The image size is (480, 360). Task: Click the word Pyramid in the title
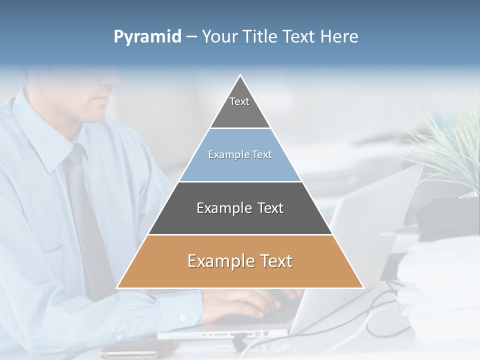coord(147,37)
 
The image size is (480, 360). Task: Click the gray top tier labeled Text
coord(239,107)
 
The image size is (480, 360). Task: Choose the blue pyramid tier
coord(240,160)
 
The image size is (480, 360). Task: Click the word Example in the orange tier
coord(218,261)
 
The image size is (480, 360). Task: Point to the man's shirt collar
coord(55,145)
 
